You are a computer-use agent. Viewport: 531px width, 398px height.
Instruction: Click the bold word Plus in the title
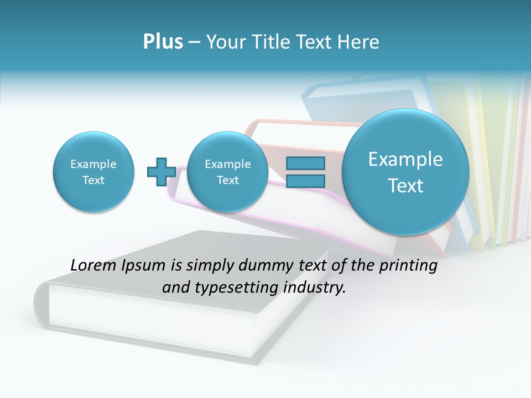pyautogui.click(x=163, y=42)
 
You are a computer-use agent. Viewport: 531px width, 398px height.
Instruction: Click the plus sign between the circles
pyautogui.click(x=161, y=171)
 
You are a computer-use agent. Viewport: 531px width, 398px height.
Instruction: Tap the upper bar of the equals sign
pyautogui.click(x=305, y=163)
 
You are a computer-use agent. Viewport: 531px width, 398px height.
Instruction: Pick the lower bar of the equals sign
pyautogui.click(x=305, y=181)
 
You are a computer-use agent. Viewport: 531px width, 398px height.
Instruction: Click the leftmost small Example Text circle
pyautogui.click(x=93, y=172)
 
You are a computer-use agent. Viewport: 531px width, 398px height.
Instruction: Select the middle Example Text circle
pyautogui.click(x=227, y=172)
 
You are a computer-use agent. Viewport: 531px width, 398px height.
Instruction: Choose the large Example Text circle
pyautogui.click(x=405, y=172)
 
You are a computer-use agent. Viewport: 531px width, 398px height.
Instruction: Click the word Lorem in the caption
pyautogui.click(x=94, y=266)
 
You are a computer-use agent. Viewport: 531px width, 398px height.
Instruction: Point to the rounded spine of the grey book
pyautogui.click(x=41, y=304)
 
